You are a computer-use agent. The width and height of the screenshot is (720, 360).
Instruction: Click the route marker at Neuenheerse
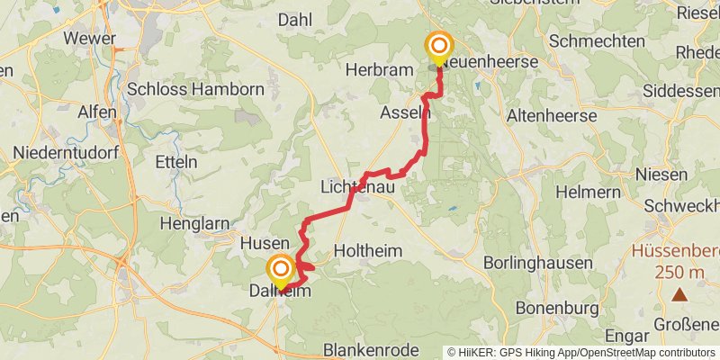click(439, 48)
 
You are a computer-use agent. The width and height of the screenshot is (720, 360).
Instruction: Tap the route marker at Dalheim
click(281, 270)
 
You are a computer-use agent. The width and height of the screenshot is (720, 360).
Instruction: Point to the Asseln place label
click(406, 112)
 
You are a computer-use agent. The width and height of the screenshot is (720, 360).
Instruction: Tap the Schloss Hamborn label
click(195, 89)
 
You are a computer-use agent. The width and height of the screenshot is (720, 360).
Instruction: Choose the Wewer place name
click(89, 39)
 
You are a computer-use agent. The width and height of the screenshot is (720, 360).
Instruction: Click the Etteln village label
click(176, 162)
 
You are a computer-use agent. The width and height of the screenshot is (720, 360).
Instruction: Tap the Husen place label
click(265, 243)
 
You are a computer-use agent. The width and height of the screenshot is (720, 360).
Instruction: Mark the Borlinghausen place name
click(538, 263)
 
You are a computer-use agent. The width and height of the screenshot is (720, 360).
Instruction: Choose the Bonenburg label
click(557, 308)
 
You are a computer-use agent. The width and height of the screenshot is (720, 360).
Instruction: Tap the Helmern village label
click(588, 192)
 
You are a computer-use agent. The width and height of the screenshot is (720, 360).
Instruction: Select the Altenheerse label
click(553, 115)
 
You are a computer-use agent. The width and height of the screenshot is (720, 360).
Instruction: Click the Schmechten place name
click(596, 41)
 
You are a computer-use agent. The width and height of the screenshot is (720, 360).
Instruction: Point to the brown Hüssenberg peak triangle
click(679, 293)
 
